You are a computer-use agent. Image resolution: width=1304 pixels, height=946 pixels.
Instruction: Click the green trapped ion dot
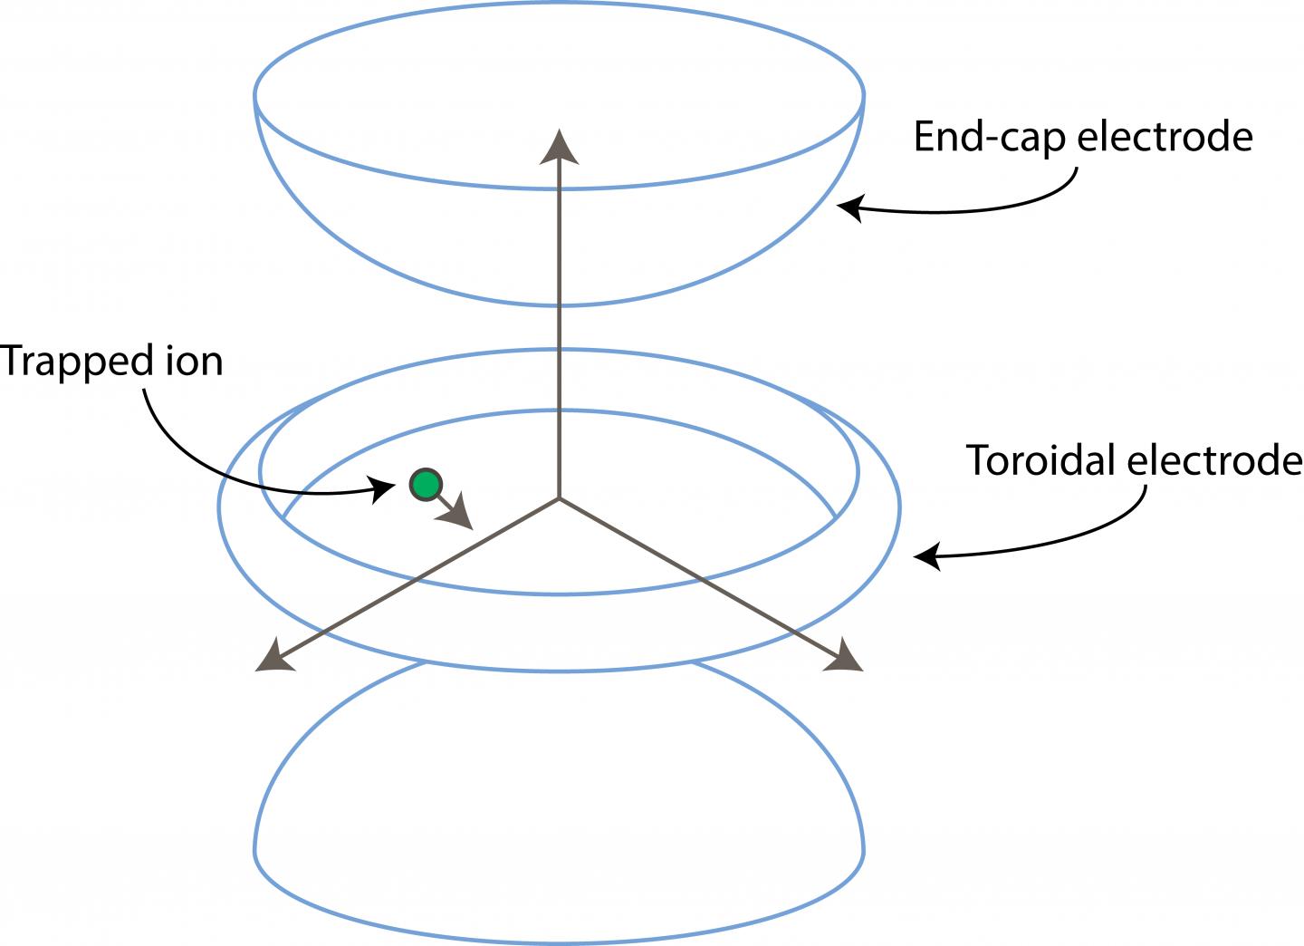(x=425, y=485)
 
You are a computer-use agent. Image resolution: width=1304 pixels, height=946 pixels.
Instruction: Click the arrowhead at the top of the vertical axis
(x=560, y=148)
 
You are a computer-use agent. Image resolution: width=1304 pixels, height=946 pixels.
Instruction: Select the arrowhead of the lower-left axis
(x=274, y=657)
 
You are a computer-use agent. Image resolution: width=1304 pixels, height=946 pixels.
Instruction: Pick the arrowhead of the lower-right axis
(x=844, y=656)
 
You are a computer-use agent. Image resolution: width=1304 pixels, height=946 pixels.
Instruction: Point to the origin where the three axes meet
(x=560, y=497)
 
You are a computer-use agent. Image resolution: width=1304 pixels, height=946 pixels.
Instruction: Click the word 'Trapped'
(x=67, y=362)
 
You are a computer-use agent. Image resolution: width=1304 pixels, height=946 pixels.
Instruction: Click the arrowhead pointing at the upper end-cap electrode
(x=849, y=208)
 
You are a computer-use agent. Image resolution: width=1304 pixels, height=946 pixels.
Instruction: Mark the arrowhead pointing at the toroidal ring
(x=925, y=556)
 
